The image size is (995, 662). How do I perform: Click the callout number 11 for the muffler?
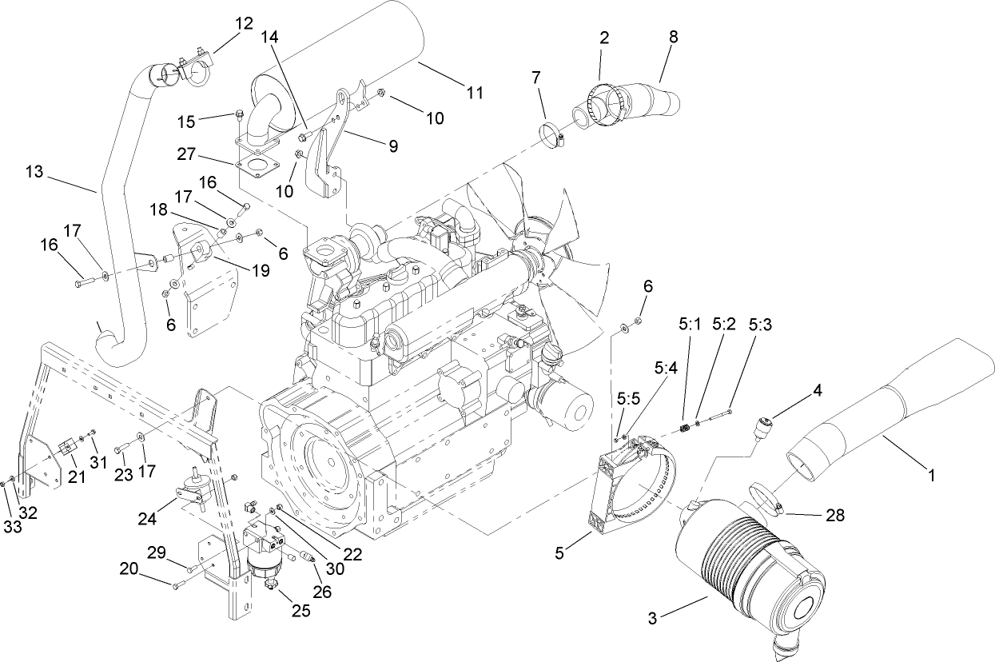tap(475, 93)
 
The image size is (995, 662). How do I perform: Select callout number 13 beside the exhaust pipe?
tap(35, 172)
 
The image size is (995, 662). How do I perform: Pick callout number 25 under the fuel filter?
tap(301, 612)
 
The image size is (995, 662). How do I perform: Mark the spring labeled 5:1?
tap(686, 429)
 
